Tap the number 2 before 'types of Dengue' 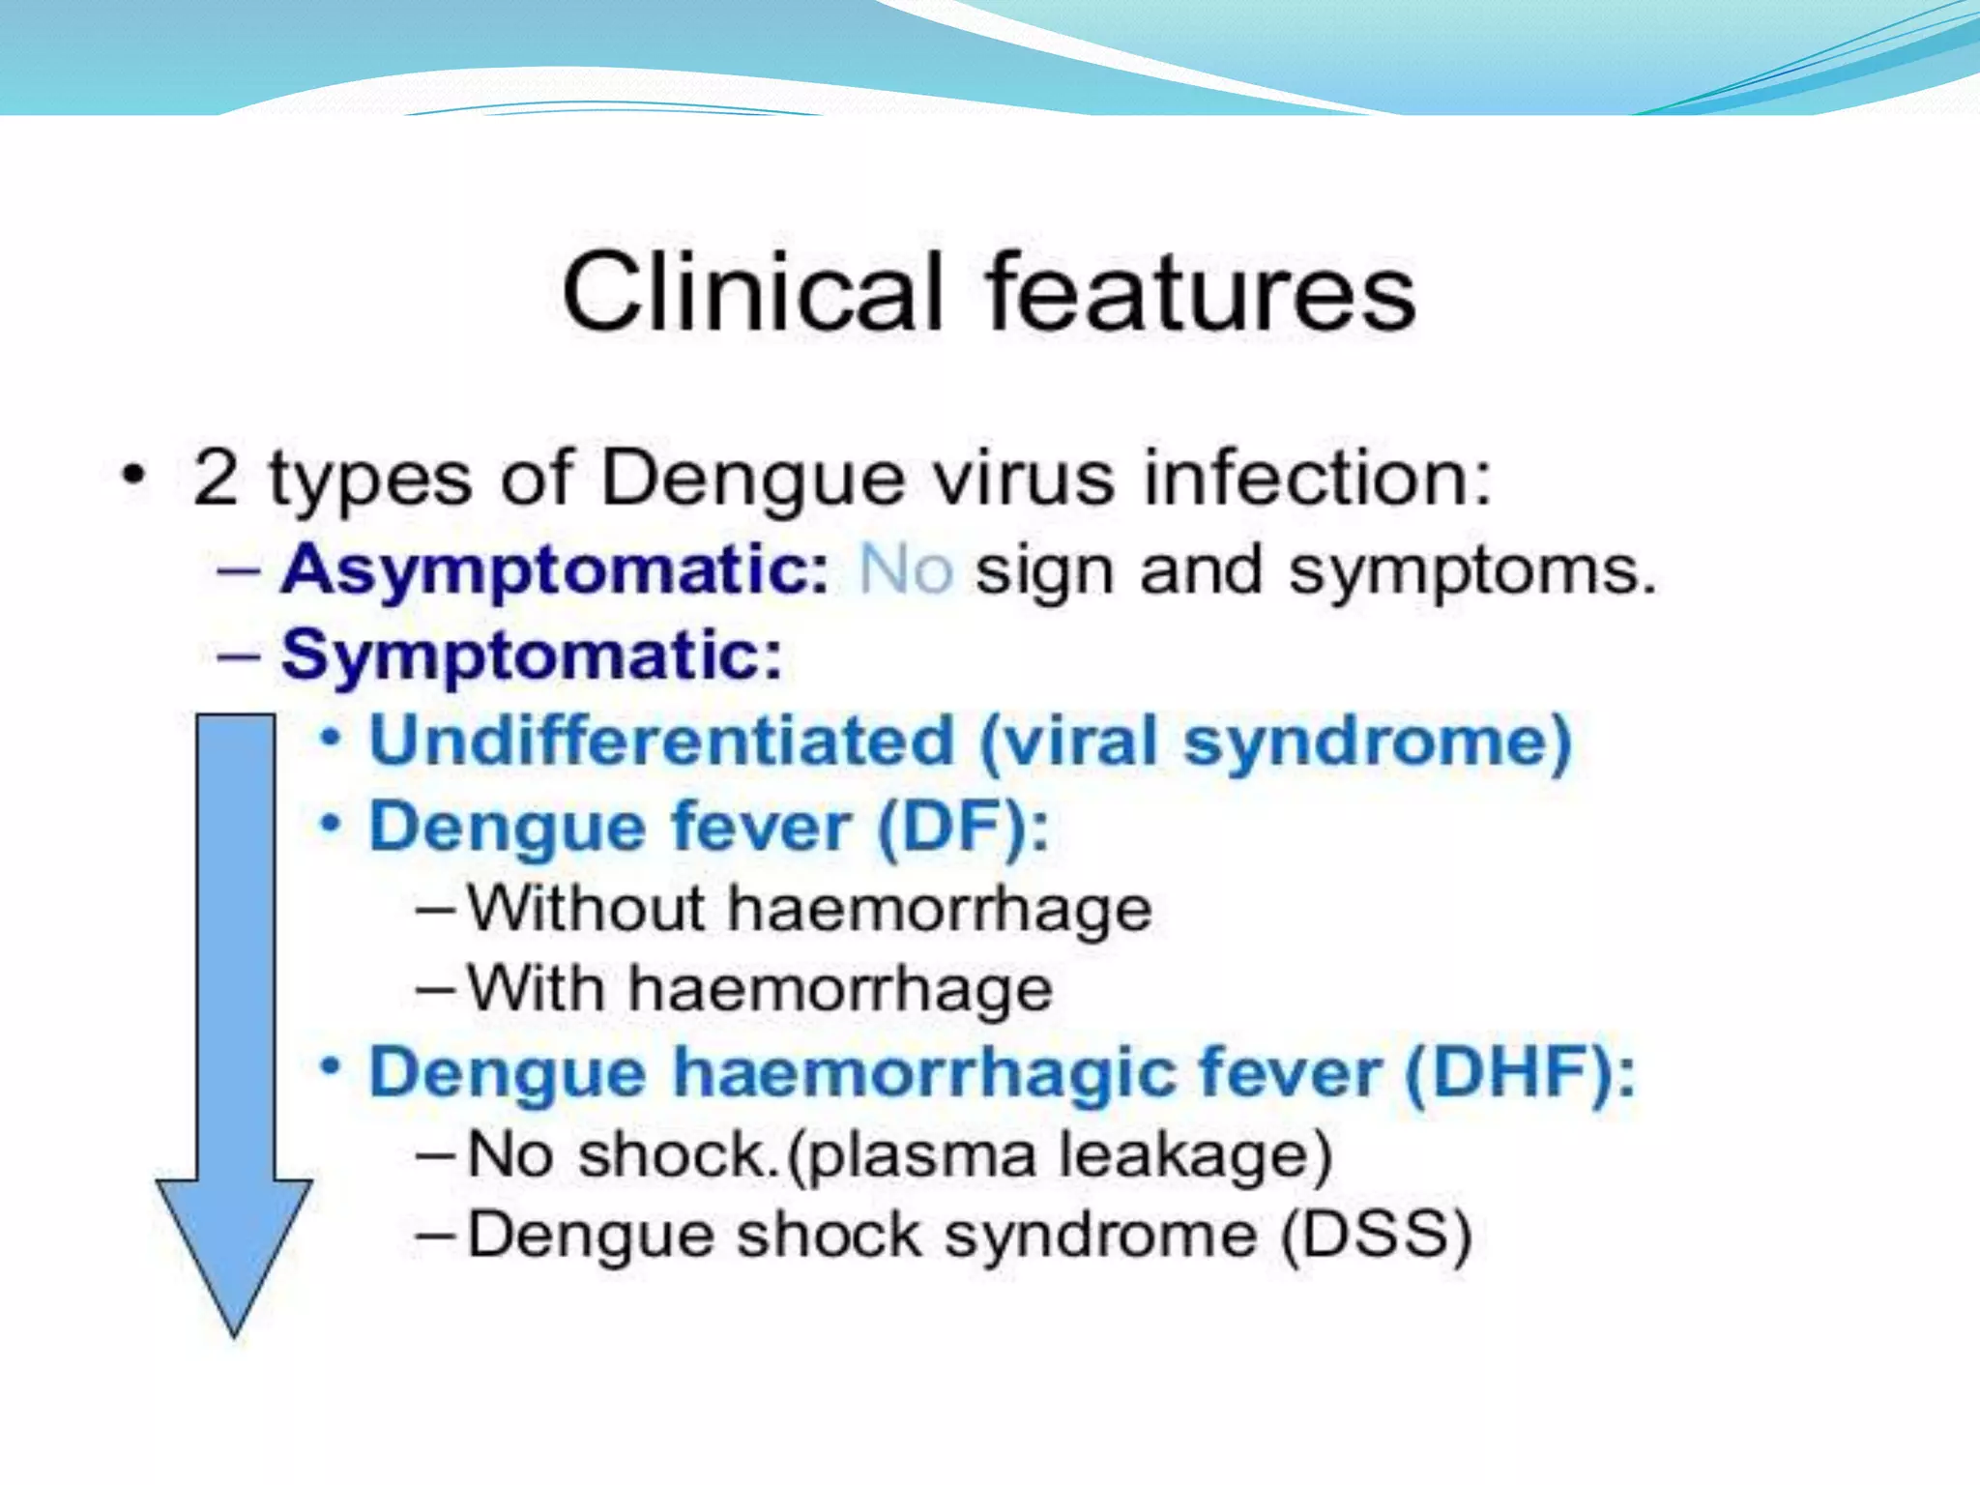[x=215, y=477]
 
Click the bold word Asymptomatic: [x=555, y=570]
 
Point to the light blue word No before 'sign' [x=906, y=569]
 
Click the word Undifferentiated [x=662, y=742]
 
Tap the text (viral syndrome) [x=1275, y=742]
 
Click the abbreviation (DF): [x=962, y=828]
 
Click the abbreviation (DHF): [x=1519, y=1073]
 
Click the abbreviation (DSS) [x=1376, y=1236]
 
